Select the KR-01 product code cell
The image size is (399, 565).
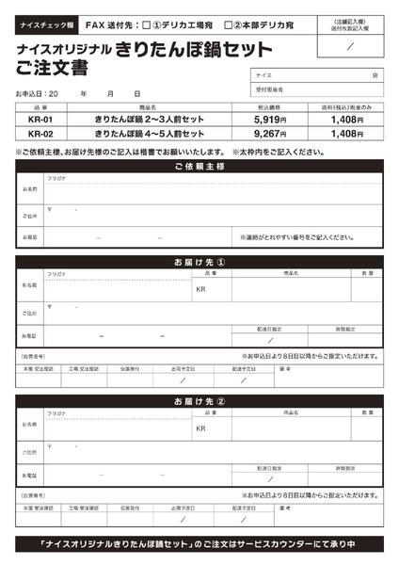(41, 121)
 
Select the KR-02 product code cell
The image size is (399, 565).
(41, 134)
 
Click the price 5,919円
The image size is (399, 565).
(271, 121)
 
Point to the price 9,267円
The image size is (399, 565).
(271, 134)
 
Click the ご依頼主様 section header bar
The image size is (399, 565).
(199, 166)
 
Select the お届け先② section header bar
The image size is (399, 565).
(199, 402)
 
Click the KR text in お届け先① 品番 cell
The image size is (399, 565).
(200, 289)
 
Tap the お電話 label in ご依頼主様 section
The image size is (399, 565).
(30, 237)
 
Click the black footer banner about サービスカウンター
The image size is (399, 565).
(199, 545)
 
